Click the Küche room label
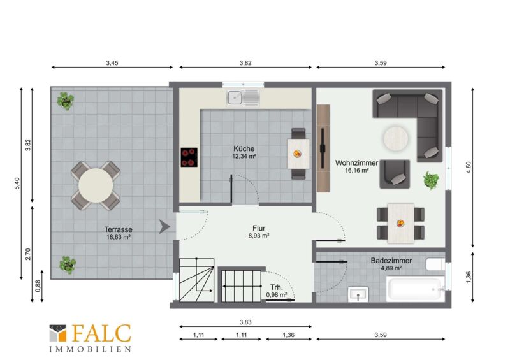[x=244, y=148]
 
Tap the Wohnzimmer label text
[x=356, y=162]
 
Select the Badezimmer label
[x=391, y=261]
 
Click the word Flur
[x=259, y=228]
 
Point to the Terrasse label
[x=119, y=229]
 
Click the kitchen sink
[x=244, y=97]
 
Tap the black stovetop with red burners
[x=189, y=157]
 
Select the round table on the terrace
[x=96, y=185]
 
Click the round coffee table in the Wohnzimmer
[x=395, y=139]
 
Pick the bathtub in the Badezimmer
[x=416, y=289]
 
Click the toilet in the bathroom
[x=436, y=264]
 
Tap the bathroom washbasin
[x=358, y=294]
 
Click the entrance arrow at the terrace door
[x=164, y=227]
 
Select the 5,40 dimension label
[x=17, y=184]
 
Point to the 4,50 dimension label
[x=469, y=168]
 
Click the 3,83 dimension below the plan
[x=245, y=322]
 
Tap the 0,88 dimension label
[x=38, y=286]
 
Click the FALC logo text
[x=101, y=333]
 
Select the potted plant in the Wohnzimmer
[x=432, y=180]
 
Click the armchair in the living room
[x=395, y=174]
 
